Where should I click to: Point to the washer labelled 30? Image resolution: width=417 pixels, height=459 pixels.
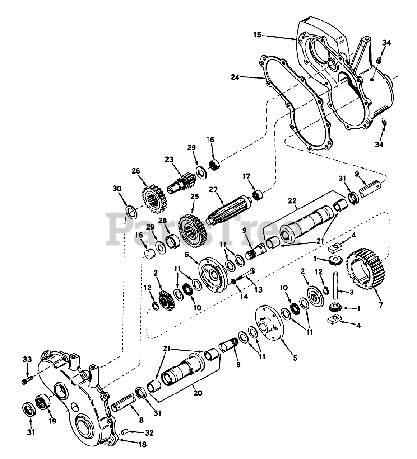point(131,212)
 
